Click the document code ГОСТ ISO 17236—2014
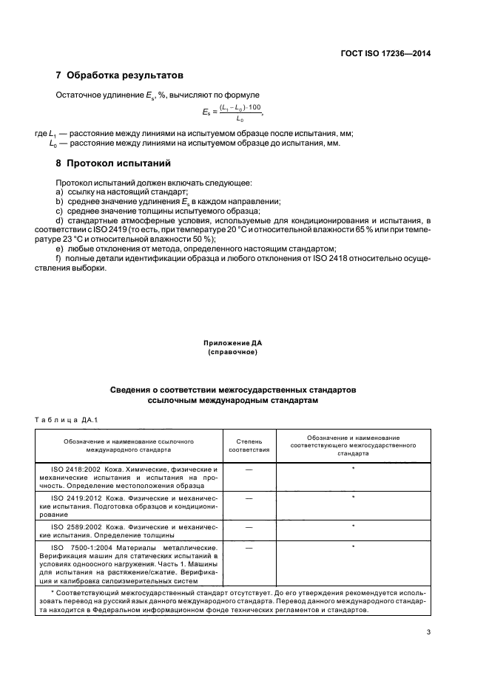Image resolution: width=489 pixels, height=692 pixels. [392, 54]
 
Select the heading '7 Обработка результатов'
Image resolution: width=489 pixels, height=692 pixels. [120, 75]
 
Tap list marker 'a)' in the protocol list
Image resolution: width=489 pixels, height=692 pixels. [60, 191]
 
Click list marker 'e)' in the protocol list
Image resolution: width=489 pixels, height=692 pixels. [60, 249]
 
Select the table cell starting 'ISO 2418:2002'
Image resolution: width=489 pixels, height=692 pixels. [129, 478]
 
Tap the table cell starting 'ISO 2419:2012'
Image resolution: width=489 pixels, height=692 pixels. [129, 506]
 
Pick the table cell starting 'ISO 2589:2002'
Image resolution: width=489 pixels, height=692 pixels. [129, 529]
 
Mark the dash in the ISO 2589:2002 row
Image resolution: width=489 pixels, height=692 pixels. [249, 526]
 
